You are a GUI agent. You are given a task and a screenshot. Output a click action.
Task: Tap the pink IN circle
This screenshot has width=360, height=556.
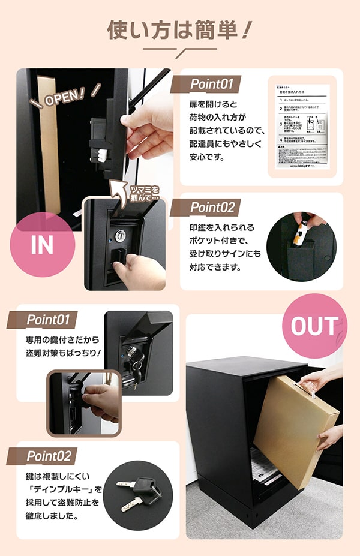[x=41, y=245]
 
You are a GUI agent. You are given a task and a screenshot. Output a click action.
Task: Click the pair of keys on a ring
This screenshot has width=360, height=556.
[x=138, y=492]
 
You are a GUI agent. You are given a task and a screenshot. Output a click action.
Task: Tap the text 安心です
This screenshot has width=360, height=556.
[x=209, y=158]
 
